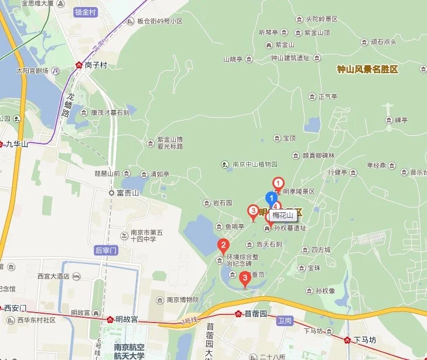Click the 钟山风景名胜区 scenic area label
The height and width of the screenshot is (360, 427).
[x=367, y=69]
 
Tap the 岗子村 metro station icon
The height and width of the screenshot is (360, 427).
[x=79, y=66]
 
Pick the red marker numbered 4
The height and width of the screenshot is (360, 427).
[x=277, y=206]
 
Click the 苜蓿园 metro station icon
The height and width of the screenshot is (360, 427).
[x=238, y=314]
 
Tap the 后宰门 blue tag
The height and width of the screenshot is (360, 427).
[x=106, y=251]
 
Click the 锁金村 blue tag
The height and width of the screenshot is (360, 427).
[x=86, y=12]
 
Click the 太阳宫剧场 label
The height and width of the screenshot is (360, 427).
[x=35, y=71]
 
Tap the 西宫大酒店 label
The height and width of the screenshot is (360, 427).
[x=53, y=276]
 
